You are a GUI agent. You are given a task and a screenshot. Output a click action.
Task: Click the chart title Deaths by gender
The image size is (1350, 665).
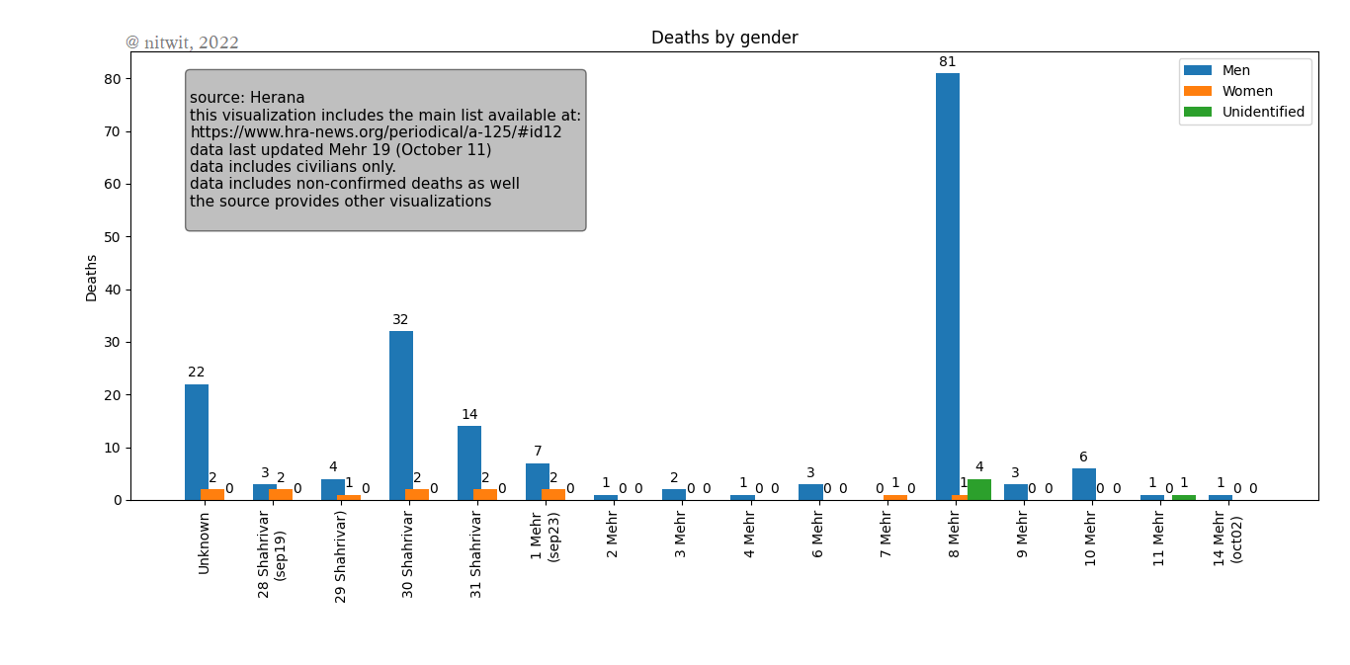724,39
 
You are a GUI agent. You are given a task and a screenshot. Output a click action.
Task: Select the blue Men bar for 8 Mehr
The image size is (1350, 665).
947,287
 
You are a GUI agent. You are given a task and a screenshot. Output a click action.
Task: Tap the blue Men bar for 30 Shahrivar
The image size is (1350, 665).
400,415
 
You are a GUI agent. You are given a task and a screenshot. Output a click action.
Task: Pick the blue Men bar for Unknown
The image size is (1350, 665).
196,442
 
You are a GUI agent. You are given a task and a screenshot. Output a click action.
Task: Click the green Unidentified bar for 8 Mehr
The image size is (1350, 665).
979,490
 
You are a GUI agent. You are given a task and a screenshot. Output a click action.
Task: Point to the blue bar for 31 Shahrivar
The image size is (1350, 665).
468,462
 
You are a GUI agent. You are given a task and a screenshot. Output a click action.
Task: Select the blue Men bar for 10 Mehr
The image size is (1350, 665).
1083,484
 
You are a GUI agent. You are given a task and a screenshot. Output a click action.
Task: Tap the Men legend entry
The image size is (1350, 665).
1235,70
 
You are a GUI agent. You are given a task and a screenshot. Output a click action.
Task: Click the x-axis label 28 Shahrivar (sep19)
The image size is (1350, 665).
271,552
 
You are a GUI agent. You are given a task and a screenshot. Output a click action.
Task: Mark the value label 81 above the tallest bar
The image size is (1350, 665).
947,62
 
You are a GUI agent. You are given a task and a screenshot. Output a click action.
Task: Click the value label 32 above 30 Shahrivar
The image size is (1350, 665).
400,320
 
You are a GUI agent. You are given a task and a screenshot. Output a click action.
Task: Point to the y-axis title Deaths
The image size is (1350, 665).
92,278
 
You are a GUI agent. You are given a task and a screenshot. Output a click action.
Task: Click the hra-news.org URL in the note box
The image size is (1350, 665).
376,132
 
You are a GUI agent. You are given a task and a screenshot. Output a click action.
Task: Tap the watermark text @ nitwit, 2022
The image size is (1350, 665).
182,42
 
